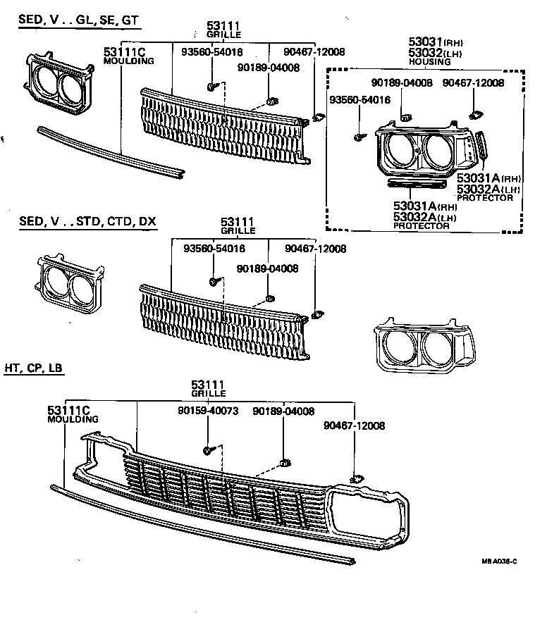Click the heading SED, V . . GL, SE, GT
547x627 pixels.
[78, 21]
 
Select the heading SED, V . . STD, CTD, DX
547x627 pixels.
[87, 222]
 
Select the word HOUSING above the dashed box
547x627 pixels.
[432, 62]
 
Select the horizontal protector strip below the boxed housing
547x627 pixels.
[416, 184]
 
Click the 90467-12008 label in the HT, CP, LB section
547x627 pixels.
[355, 426]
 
